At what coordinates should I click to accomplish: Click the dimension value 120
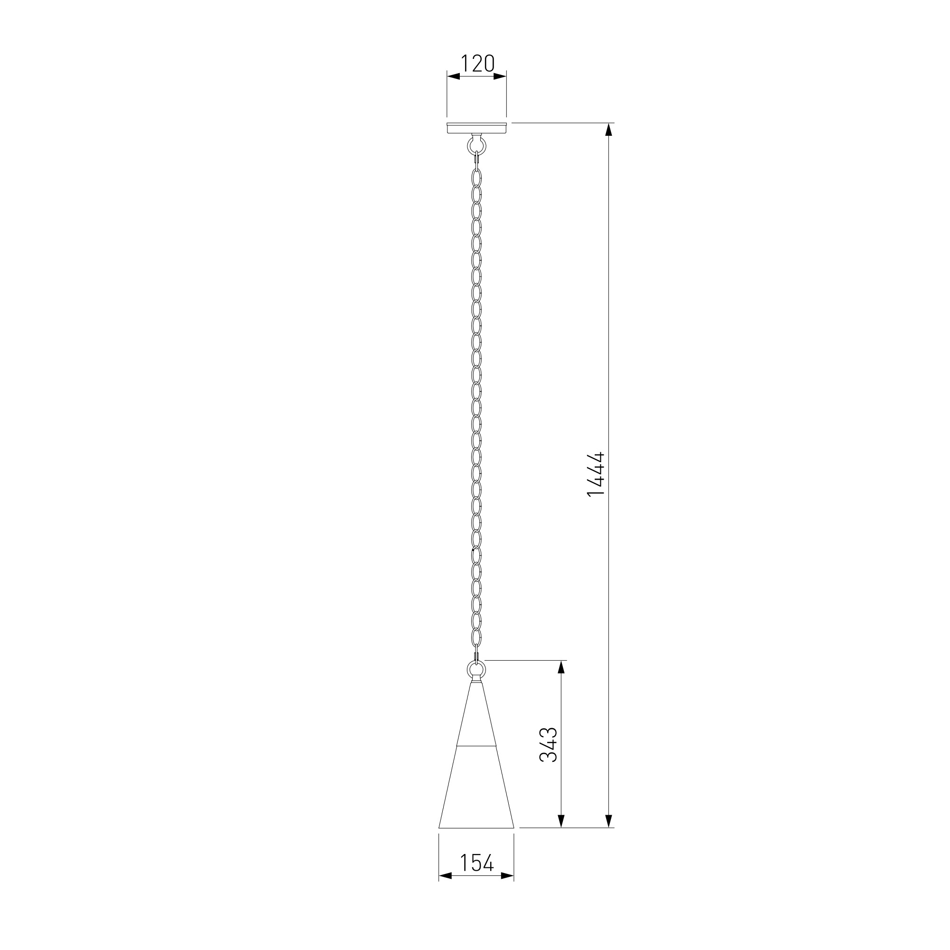[477, 64]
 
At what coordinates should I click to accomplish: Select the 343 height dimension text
[548, 744]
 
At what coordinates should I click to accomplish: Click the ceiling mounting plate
[476, 128]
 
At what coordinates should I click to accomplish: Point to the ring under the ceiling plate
[476, 145]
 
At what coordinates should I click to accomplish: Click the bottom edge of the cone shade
[476, 827]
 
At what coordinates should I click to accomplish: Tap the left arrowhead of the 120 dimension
[453, 76]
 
